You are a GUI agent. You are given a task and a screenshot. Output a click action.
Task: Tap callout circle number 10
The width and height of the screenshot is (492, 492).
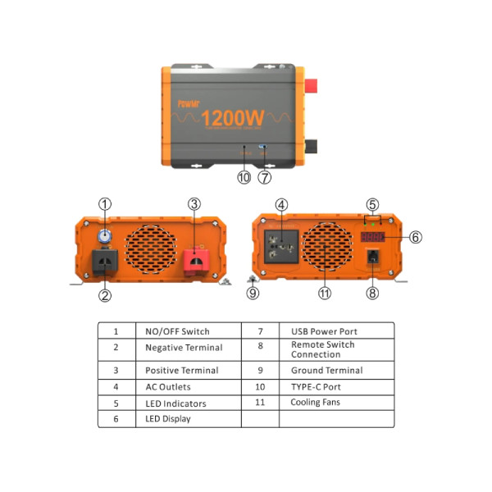[243, 176]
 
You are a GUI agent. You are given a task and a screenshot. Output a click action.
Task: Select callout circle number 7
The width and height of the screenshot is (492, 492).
[264, 176]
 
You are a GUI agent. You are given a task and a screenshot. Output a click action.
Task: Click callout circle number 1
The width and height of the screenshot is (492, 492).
[105, 204]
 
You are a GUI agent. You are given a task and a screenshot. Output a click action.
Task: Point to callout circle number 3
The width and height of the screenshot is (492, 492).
[194, 204]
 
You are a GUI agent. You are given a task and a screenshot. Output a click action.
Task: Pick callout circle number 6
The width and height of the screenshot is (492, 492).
[415, 237]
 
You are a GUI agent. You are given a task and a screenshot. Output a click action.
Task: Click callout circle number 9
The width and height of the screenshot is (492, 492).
[253, 293]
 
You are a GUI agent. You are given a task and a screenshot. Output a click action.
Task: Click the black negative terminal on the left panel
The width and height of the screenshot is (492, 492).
[105, 261]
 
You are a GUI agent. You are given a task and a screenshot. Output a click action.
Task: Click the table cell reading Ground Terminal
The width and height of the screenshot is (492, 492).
[326, 370]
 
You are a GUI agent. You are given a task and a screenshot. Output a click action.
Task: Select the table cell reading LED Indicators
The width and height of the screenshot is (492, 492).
[175, 403]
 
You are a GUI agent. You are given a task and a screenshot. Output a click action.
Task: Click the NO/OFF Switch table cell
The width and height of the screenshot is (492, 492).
[177, 331]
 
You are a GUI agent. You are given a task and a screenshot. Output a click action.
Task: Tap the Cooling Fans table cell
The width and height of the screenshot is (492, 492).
[315, 403]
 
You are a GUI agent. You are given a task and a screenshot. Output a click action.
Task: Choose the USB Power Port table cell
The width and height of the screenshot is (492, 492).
[324, 331]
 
